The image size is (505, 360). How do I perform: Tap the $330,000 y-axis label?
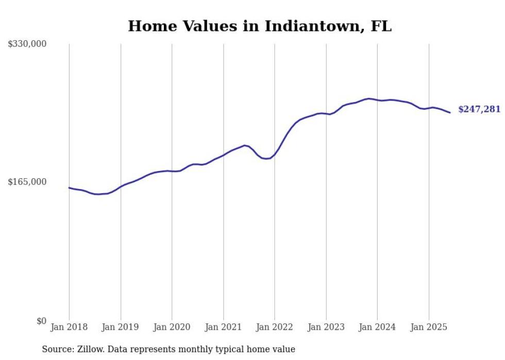[x=27, y=44]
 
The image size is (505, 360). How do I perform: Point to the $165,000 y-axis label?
[x=27, y=182]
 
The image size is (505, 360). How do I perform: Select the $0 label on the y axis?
[x=41, y=321]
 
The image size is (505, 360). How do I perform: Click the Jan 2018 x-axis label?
[x=69, y=327]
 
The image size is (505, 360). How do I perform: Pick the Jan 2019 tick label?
[x=121, y=327]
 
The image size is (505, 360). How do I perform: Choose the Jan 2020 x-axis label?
[x=172, y=327]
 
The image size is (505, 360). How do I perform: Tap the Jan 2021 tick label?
[x=223, y=327]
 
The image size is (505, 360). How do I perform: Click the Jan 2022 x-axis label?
[x=275, y=327]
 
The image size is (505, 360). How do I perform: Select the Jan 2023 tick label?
[x=326, y=327]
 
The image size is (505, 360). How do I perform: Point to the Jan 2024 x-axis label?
[x=377, y=327]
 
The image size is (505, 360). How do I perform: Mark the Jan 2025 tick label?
[x=429, y=327]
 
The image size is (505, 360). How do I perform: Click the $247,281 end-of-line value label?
[x=479, y=109]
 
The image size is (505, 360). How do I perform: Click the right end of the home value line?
[x=450, y=112]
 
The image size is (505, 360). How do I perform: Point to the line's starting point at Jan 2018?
[x=70, y=188]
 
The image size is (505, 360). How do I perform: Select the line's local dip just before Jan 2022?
[x=266, y=159]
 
